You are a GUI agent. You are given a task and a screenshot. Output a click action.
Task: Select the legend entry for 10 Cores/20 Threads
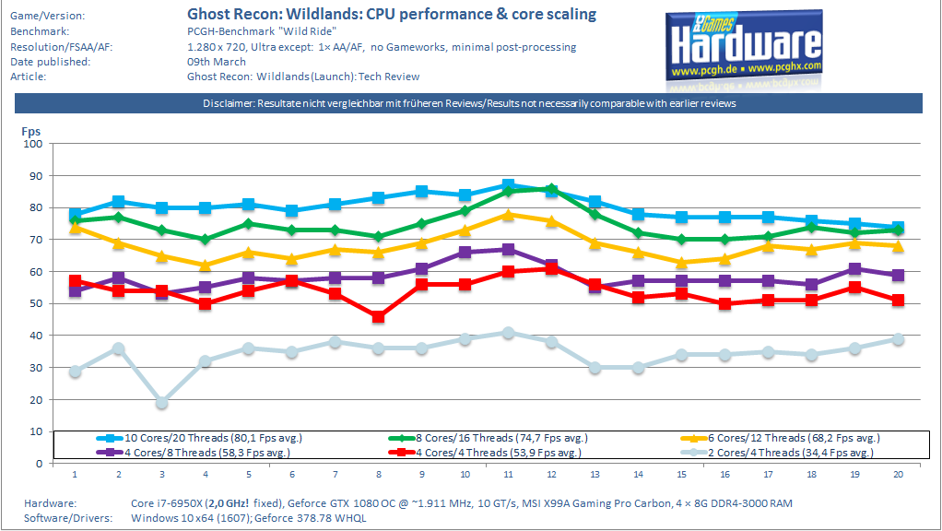pyautogui.click(x=210, y=438)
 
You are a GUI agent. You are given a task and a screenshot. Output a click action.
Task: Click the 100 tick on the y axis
pyautogui.click(x=33, y=144)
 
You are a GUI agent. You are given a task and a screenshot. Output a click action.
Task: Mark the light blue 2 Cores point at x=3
pyautogui.click(x=161, y=403)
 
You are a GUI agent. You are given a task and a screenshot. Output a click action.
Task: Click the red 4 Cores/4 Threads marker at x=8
pyautogui.click(x=378, y=316)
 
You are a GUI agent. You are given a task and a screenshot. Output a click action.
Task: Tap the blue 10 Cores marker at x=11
pyautogui.click(x=508, y=185)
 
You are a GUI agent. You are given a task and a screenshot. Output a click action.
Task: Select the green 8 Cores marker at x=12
pyautogui.click(x=551, y=189)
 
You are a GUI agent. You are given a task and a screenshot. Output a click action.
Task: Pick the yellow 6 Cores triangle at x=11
pyautogui.click(x=508, y=214)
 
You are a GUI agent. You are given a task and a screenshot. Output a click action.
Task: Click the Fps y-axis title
pyautogui.click(x=31, y=132)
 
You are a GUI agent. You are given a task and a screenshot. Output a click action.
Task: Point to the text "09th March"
pyautogui.click(x=216, y=62)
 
